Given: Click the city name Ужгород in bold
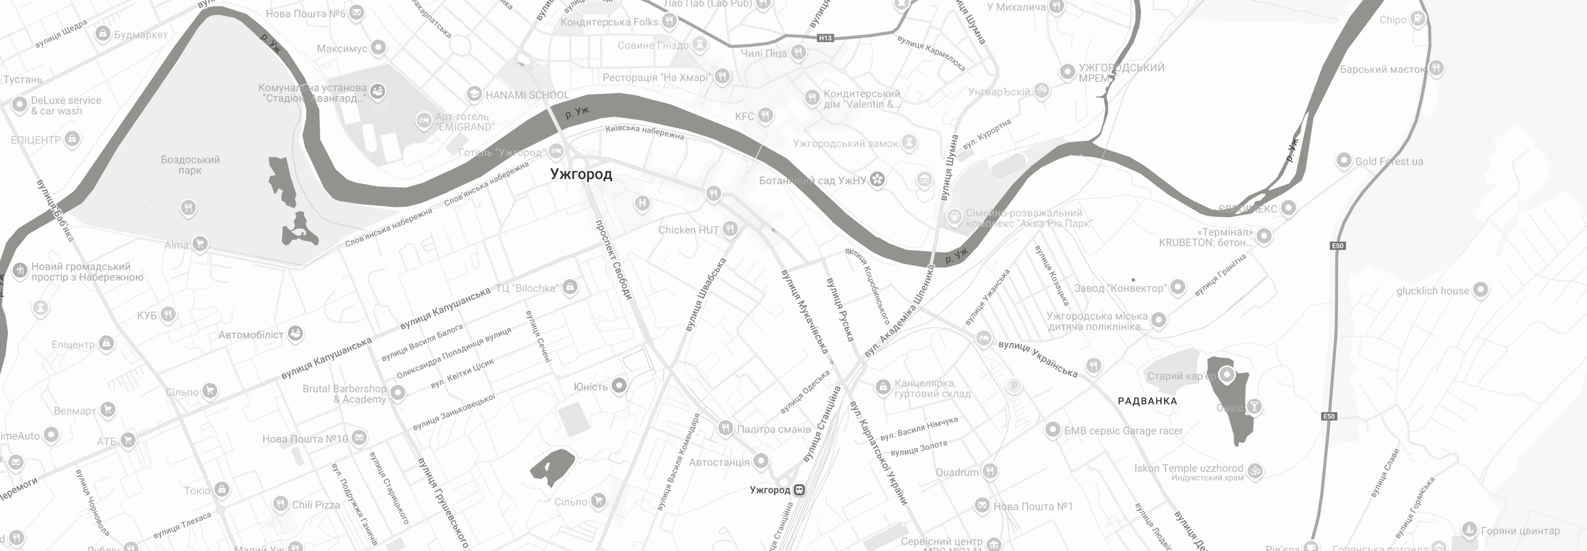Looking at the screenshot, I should point(581,174).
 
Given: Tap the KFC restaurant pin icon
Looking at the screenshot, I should point(765,115).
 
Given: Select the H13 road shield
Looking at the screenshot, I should point(825,38).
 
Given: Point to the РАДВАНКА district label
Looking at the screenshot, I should point(1147,401).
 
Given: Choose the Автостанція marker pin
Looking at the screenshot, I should point(761,461).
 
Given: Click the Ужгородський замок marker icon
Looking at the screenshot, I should point(909,143).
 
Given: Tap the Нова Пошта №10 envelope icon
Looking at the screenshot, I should point(359,438).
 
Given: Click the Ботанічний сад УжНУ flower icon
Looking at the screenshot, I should point(878,180).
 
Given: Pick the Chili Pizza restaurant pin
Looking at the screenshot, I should point(280,503).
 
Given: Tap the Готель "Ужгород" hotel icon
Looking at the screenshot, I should point(556,150).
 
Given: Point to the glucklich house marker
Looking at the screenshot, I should point(1480,290).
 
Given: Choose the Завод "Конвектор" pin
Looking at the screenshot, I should point(1177,287).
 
